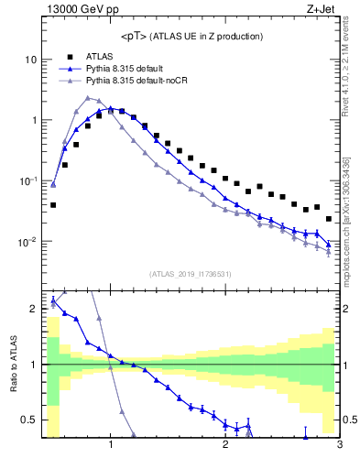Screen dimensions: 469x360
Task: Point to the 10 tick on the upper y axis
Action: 30,60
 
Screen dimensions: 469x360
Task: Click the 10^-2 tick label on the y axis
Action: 27,243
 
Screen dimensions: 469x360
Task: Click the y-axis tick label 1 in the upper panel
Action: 33,121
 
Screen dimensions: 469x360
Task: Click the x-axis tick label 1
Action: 111,446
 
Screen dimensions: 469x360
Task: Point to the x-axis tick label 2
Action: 225,446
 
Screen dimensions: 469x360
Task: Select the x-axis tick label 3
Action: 339,446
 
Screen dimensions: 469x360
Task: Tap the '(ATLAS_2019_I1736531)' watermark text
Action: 191,273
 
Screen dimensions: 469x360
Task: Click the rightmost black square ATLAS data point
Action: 329,219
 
